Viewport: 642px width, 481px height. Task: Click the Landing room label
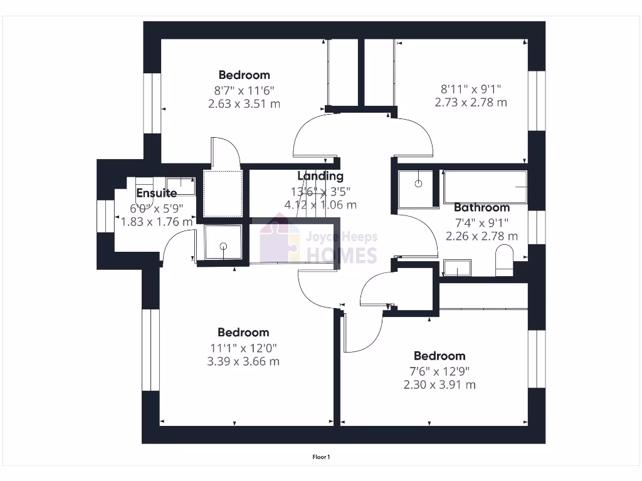click(x=320, y=176)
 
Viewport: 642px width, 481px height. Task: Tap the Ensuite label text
click(x=156, y=193)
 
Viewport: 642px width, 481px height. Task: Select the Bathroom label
click(x=482, y=208)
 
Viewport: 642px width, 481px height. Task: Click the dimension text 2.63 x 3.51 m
click(x=244, y=104)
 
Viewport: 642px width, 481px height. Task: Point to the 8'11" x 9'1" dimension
click(x=471, y=89)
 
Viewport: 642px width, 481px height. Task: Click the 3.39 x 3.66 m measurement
click(x=243, y=361)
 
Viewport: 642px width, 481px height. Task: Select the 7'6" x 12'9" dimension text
click(x=439, y=371)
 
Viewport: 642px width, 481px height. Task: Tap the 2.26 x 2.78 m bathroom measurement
click(x=481, y=236)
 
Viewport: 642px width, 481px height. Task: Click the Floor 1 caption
click(x=321, y=457)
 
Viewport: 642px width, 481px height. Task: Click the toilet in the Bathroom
click(x=504, y=260)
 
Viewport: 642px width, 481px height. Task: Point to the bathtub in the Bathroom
click(x=485, y=187)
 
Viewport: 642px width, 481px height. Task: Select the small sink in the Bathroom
click(x=457, y=268)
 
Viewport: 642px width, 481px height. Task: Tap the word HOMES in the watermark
click(x=342, y=256)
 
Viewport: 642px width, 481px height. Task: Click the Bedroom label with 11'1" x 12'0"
click(x=243, y=333)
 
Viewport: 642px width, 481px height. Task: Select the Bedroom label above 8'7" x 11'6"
click(x=244, y=75)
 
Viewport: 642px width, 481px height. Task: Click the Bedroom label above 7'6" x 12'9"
click(x=439, y=356)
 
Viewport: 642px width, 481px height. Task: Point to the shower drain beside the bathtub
click(x=418, y=184)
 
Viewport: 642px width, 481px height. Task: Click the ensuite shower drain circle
click(x=223, y=246)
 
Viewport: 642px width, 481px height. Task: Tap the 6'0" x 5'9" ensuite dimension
click(x=156, y=209)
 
